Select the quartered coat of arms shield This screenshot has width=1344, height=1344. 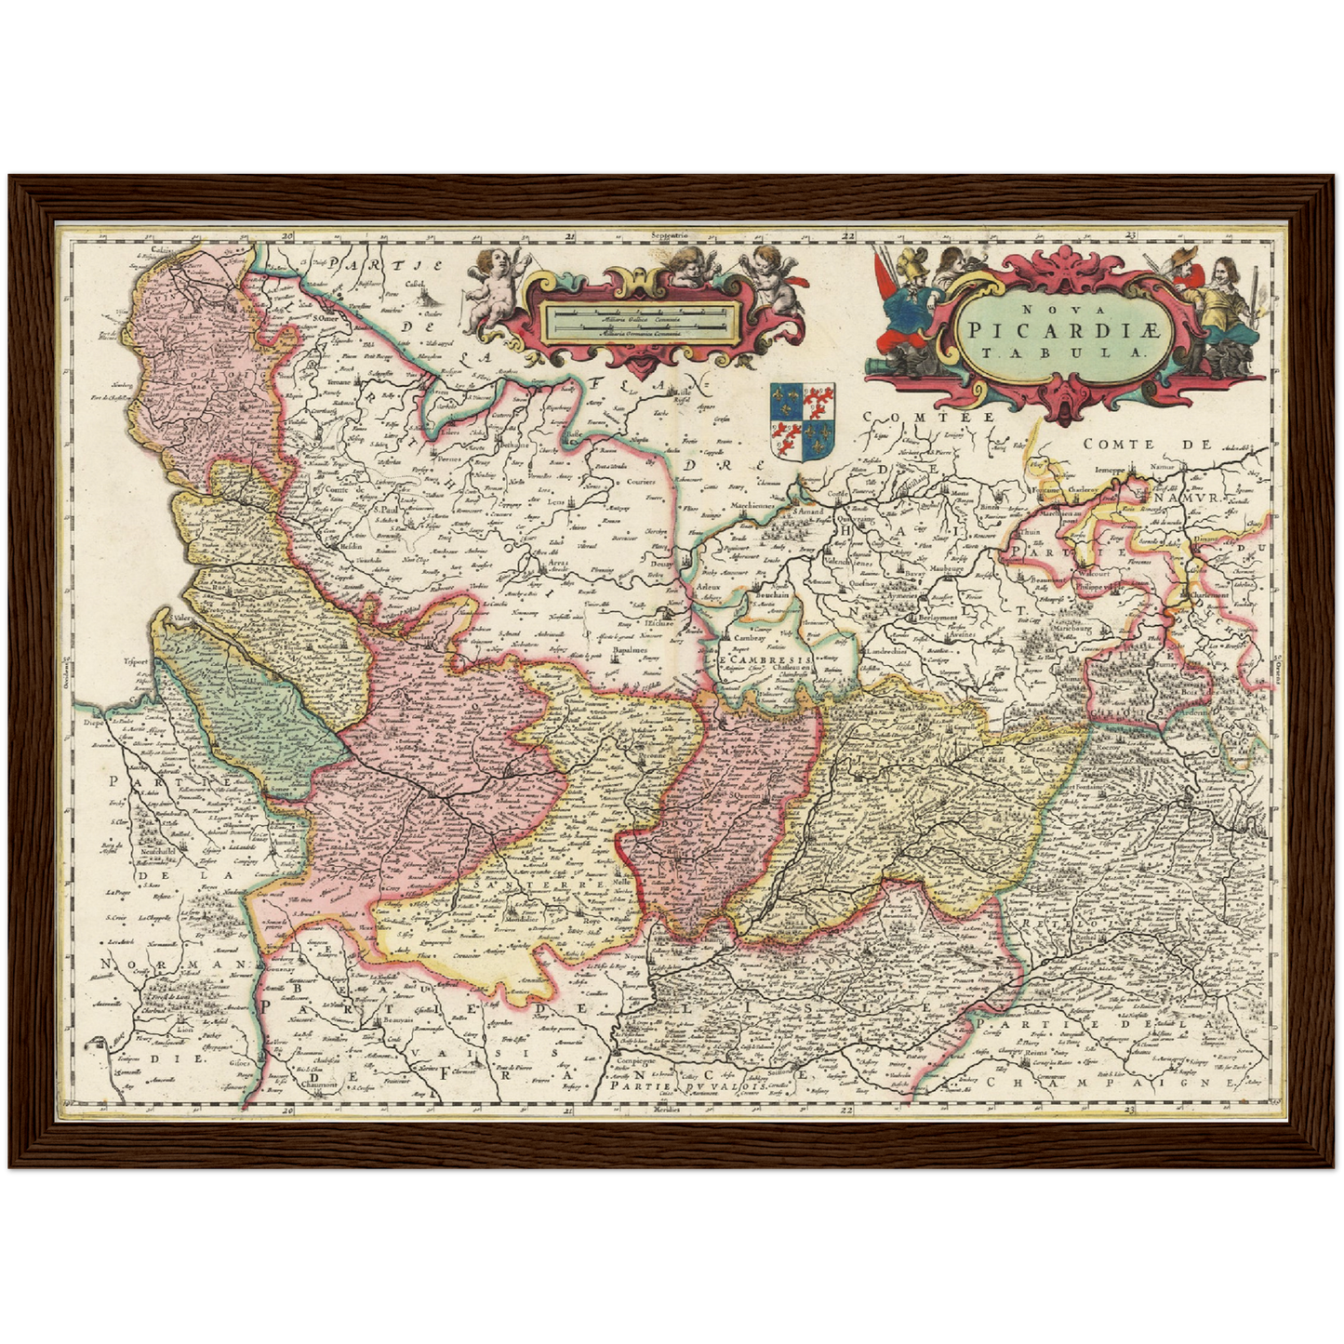[802, 420]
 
